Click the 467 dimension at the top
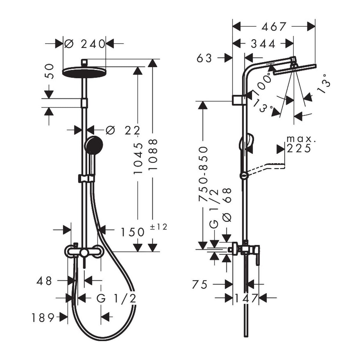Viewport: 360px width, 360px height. (x=274, y=27)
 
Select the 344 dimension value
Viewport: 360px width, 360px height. (x=263, y=44)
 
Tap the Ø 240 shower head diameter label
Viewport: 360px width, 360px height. (x=84, y=44)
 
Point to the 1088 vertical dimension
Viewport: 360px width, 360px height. (x=153, y=154)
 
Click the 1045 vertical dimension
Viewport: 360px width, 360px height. (x=138, y=158)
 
